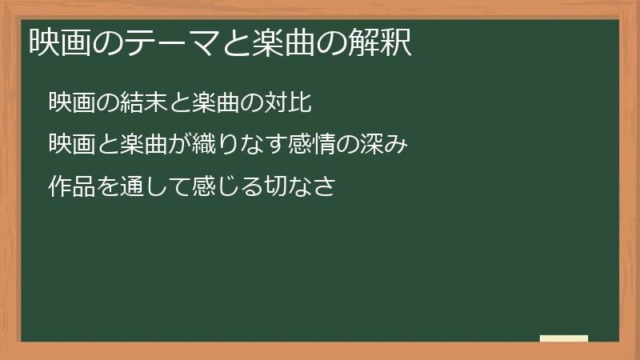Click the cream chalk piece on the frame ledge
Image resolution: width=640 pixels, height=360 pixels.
pyautogui.click(x=563, y=338)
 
